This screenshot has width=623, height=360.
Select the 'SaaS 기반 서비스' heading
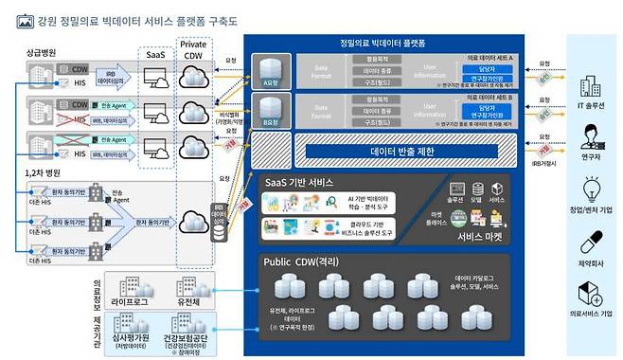[304, 181]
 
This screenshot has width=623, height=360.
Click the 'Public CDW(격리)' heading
[304, 262]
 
